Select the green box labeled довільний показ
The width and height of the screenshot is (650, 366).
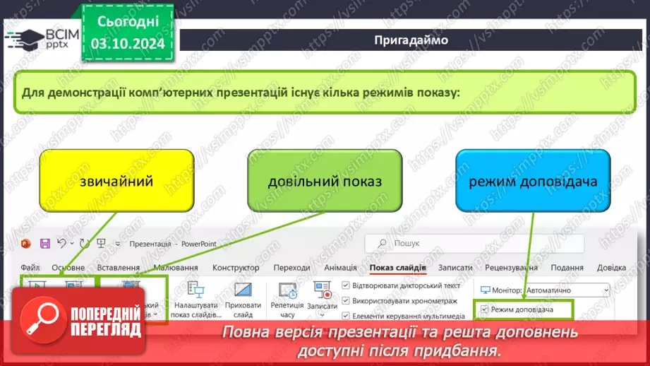pos(325,181)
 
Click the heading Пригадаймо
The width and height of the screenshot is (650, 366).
pos(411,40)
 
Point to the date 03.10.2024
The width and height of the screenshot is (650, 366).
pos(128,45)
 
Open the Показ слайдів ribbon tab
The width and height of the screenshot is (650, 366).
pos(397,268)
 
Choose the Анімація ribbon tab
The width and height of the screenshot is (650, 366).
pos(340,268)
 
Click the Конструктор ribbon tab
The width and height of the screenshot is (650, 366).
pos(236,268)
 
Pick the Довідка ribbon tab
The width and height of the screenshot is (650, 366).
pos(610,268)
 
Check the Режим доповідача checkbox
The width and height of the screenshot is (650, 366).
pos(484,309)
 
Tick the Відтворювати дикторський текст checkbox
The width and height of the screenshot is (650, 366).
pos(346,286)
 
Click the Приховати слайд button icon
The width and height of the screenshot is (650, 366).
pos(243,290)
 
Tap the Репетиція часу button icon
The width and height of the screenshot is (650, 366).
pos(287,290)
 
